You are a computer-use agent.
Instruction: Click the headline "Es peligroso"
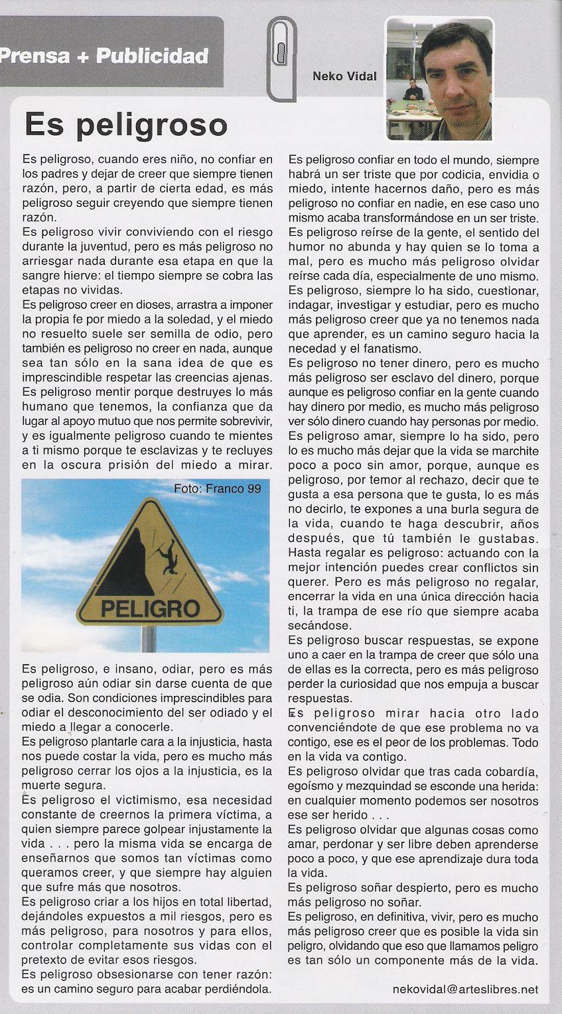pyautogui.click(x=125, y=125)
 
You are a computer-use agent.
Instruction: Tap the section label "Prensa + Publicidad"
pyautogui.click(x=104, y=56)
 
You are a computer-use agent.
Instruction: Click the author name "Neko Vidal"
pyautogui.click(x=344, y=76)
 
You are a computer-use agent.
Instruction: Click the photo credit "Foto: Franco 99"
pyautogui.click(x=218, y=489)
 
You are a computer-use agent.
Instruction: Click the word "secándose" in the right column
pyautogui.click(x=317, y=625)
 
